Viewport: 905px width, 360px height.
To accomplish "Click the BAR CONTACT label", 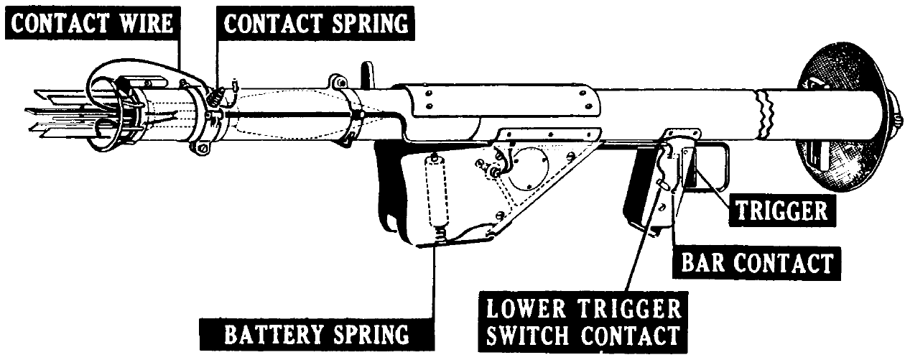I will tap(756, 264).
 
